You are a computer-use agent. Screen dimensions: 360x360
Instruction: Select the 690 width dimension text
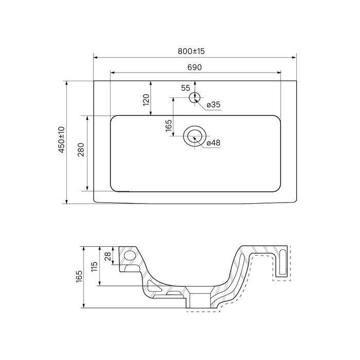point(194,67)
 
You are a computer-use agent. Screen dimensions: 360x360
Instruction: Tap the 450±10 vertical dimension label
point(61,140)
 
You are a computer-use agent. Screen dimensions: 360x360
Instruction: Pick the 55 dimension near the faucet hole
point(185,88)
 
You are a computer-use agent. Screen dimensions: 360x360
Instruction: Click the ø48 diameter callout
point(213,143)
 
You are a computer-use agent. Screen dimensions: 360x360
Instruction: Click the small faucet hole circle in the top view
point(194,97)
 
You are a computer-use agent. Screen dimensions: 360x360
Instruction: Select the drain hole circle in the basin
point(194,136)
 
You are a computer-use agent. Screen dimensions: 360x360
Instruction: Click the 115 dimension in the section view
point(95,266)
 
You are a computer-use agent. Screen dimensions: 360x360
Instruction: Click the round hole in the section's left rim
point(130,256)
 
